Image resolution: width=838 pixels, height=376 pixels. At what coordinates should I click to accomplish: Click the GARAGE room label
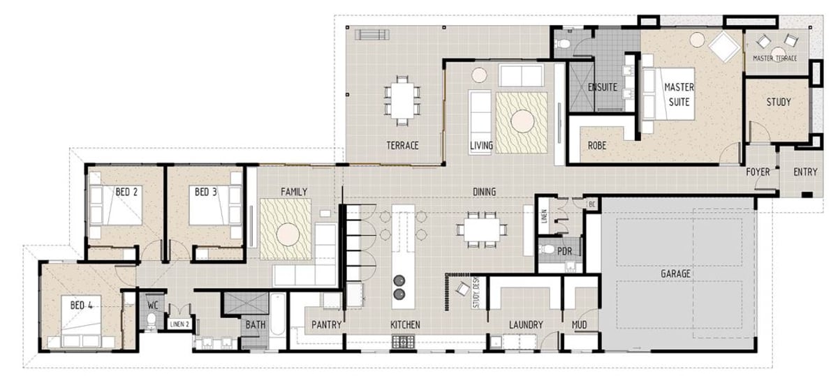[675, 273]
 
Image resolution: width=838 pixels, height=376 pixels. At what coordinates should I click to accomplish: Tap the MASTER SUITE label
[679, 95]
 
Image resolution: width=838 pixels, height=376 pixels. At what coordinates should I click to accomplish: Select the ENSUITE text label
[602, 87]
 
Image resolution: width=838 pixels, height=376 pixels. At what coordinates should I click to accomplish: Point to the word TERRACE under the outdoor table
[402, 145]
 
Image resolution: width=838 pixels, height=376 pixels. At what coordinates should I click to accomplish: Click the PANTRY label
[327, 325]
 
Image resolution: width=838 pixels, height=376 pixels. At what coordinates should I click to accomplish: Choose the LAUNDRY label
[526, 325]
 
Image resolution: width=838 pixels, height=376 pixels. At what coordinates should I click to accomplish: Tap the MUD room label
[579, 325]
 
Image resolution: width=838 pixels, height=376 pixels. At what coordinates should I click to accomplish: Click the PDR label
[564, 252]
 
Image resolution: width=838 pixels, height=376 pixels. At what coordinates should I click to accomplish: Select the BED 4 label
[82, 306]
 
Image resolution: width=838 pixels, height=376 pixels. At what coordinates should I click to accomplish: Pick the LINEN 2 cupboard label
[179, 324]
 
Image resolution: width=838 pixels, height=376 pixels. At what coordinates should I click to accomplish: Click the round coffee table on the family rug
[288, 234]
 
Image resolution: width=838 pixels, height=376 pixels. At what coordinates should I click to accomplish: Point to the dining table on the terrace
[402, 100]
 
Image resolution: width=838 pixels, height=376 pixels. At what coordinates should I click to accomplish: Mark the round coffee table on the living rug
[522, 121]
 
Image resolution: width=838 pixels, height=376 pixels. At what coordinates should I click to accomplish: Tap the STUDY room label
[779, 102]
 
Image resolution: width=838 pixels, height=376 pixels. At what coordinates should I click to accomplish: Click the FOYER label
[758, 172]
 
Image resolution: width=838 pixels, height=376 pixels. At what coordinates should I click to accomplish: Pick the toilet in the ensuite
[563, 43]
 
